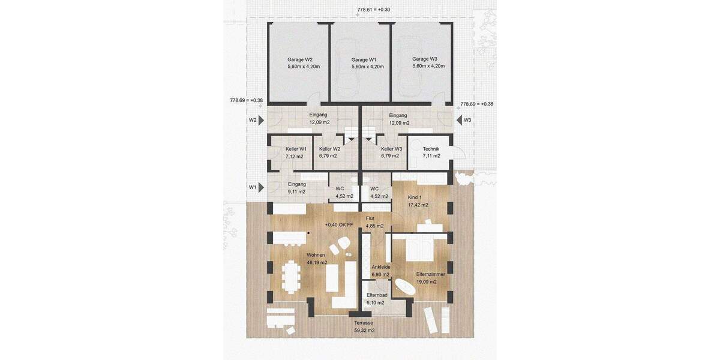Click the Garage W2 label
(x=300, y=60)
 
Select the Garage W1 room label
(x=364, y=60)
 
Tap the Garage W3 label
(x=425, y=59)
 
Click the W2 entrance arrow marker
(x=261, y=120)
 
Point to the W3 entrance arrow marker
(x=460, y=120)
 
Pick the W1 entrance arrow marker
(x=261, y=187)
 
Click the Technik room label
(x=431, y=149)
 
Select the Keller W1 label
(x=296, y=149)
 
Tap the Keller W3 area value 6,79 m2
(x=390, y=156)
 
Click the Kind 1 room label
(x=415, y=197)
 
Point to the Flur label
(x=370, y=218)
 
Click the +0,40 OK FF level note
(x=339, y=225)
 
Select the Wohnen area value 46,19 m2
(x=317, y=263)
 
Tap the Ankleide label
(x=381, y=267)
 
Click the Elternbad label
(x=377, y=295)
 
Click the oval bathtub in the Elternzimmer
(x=405, y=287)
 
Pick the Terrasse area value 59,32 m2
(x=364, y=331)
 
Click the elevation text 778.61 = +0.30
(x=373, y=10)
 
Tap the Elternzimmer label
(x=430, y=275)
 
